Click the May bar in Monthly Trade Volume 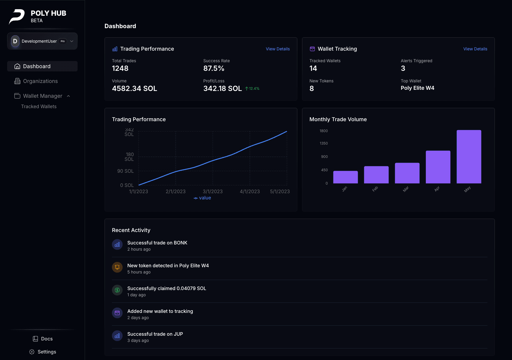click(x=469, y=157)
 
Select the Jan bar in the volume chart click(x=345, y=177)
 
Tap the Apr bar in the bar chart click(x=438, y=167)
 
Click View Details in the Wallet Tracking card click(x=475, y=49)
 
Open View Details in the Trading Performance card click(x=277, y=49)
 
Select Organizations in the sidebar click(x=40, y=81)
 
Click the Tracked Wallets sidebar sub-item click(x=39, y=106)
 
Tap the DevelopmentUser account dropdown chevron click(x=72, y=41)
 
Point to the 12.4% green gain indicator click(x=252, y=89)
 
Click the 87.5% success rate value click(x=214, y=68)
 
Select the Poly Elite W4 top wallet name click(x=417, y=88)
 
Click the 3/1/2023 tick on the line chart click(x=213, y=191)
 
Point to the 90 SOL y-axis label click(x=125, y=171)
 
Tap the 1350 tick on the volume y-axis click(x=324, y=143)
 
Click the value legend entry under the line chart click(x=202, y=198)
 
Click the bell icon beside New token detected click(x=117, y=267)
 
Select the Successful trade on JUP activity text click(x=155, y=334)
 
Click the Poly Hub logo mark click(x=17, y=16)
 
